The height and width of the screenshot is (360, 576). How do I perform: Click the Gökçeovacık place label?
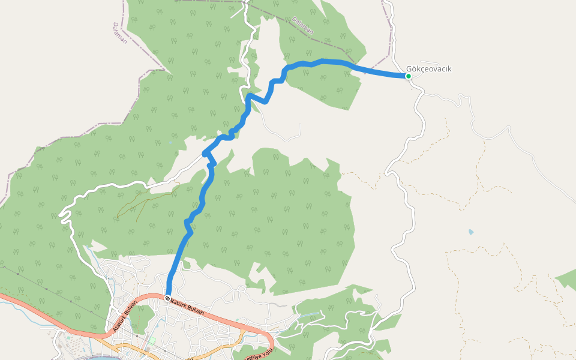click(x=428, y=69)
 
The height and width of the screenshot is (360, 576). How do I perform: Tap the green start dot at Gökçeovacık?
click(x=409, y=76)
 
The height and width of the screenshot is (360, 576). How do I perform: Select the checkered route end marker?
click(x=167, y=298)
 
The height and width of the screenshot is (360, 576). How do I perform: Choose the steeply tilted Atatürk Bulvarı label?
click(x=125, y=315)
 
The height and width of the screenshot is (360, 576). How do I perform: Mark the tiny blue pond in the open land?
click(x=471, y=232)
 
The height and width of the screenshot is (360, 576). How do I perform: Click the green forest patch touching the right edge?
click(x=567, y=280)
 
